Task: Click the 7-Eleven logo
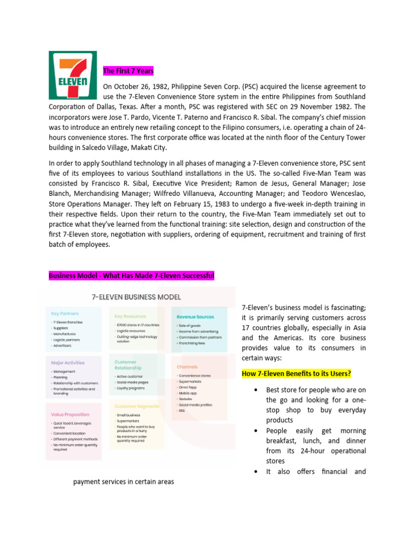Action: [72, 75]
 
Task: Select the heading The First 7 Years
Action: [129, 71]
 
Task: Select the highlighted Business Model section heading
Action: [131, 276]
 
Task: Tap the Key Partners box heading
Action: [65, 313]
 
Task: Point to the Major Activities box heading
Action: [68, 362]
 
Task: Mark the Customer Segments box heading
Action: [137, 406]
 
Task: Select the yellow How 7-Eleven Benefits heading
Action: [297, 374]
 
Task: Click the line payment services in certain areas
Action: [124, 482]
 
